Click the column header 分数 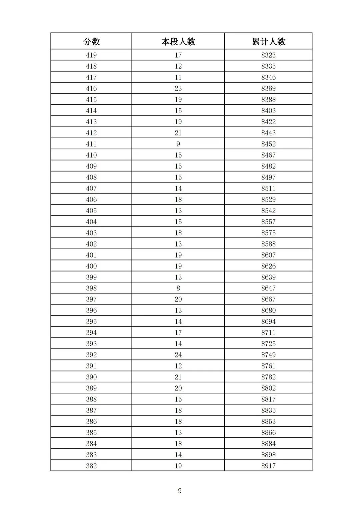91,42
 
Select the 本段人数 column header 178,42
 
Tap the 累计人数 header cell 268,42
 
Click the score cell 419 91,55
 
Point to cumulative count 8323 268,55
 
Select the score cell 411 91,144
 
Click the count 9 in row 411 178,144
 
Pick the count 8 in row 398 178,288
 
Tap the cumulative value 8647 268,288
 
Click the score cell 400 91,266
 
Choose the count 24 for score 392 178,355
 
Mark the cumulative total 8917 268,466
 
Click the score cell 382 91,466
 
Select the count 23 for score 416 178,88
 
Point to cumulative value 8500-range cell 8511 268,188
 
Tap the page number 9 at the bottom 180,491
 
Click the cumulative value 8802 268,388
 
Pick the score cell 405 91,211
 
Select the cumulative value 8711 268,332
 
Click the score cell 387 91,410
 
